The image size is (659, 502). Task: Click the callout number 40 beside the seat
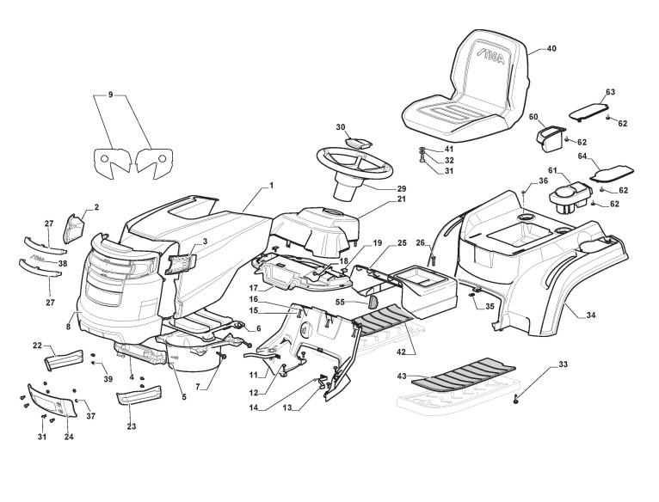(551, 50)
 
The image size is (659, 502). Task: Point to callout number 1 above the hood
(270, 185)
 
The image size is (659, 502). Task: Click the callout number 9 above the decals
(110, 94)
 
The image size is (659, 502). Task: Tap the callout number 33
(563, 365)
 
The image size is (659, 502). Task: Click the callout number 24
(69, 438)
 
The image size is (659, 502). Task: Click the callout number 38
(63, 263)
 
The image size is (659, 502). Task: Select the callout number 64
(582, 156)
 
